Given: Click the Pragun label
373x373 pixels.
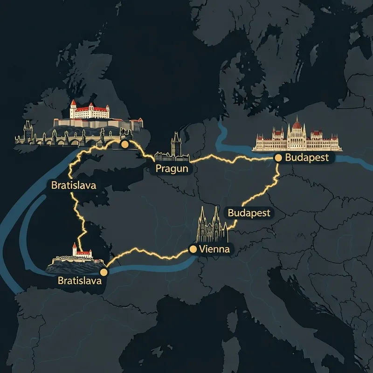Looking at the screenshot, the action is [x=172, y=168].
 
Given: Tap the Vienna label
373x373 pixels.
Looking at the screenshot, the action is [x=214, y=249].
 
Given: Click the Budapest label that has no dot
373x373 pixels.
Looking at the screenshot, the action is [x=249, y=213].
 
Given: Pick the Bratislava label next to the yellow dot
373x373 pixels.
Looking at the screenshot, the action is [x=79, y=281].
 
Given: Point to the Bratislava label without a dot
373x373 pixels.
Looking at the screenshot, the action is [x=74, y=185].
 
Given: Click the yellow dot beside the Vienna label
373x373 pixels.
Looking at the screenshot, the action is [x=193, y=249].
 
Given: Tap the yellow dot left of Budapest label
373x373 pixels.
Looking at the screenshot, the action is [x=278, y=158].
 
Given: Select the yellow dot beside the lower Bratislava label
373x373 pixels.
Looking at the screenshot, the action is [x=104, y=272].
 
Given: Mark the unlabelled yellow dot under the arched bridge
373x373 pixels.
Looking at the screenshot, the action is [x=124, y=145].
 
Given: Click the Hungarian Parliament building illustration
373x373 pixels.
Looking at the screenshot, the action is [x=297, y=137].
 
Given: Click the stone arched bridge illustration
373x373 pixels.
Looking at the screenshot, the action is [x=70, y=138].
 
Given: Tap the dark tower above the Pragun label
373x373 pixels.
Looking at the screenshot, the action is [x=175, y=142].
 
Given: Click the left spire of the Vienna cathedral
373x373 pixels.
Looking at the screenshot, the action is [x=203, y=217].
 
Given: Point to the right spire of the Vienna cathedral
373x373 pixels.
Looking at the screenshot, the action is [x=217, y=217].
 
